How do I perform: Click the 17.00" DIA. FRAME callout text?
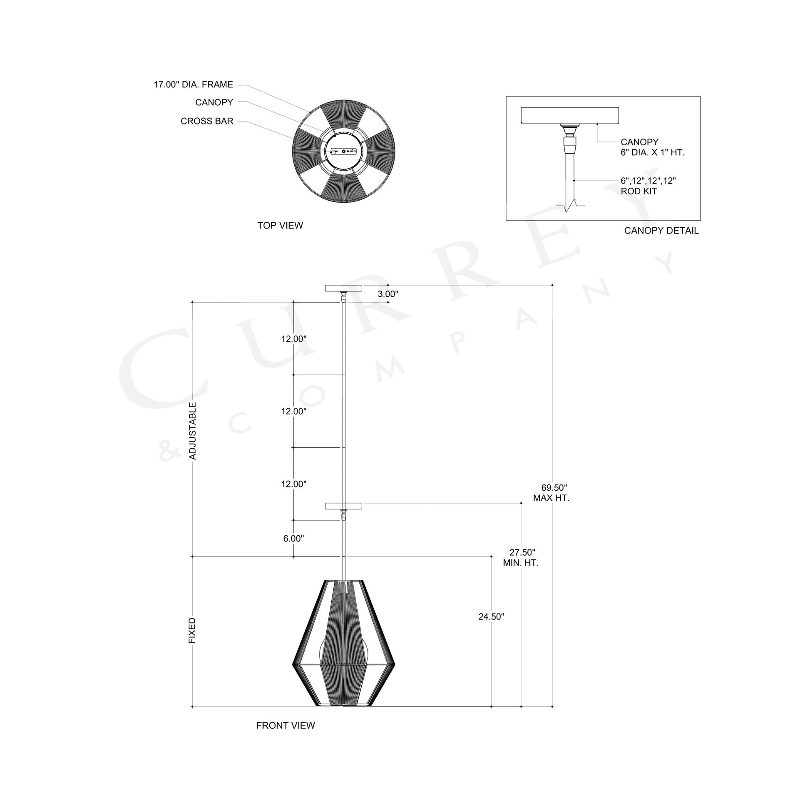(193, 84)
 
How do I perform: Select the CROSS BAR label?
(207, 121)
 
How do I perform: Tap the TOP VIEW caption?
(280, 226)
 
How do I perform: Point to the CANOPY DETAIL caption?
(661, 231)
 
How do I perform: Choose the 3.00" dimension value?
(388, 294)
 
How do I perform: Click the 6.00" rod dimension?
(293, 539)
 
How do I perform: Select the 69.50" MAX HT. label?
(552, 493)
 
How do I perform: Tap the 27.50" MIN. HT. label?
(521, 558)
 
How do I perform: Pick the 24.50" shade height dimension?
(491, 617)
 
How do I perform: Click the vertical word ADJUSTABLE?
(193, 430)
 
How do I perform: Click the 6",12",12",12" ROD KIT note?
(648, 186)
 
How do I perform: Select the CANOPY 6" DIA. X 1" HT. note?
(652, 147)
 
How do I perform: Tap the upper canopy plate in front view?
(344, 288)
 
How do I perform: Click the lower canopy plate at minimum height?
(344, 506)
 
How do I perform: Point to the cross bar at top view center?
(344, 152)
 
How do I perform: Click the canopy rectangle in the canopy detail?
(569, 116)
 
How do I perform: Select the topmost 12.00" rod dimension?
(294, 339)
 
